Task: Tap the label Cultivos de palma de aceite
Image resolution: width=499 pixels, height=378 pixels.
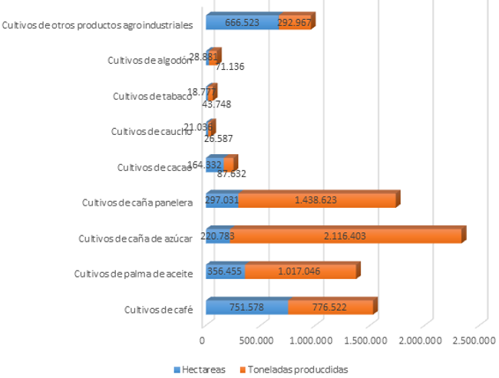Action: (132, 273)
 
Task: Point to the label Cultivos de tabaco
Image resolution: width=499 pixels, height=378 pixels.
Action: (150, 96)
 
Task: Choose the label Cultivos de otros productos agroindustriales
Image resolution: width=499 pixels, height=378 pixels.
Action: (97, 25)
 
